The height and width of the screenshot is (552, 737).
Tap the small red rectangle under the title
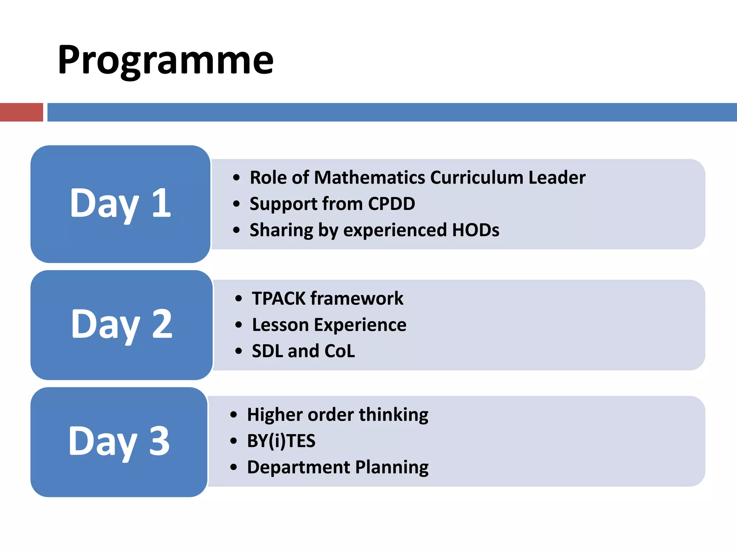[x=21, y=112]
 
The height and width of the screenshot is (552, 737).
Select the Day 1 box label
[x=120, y=204]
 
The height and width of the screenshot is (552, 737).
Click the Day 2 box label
[x=122, y=325]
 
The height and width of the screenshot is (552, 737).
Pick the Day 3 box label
[x=119, y=441]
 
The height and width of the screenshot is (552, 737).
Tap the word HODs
[x=475, y=230]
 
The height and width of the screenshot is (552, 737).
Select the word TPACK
[x=278, y=299]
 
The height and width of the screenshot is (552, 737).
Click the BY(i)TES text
[x=281, y=441]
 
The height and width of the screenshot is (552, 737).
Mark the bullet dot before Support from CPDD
[x=236, y=204]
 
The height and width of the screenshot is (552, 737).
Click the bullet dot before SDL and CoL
[x=238, y=351]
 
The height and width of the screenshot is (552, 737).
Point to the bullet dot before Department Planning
[x=234, y=467]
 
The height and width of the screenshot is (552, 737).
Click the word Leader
[x=557, y=178]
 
